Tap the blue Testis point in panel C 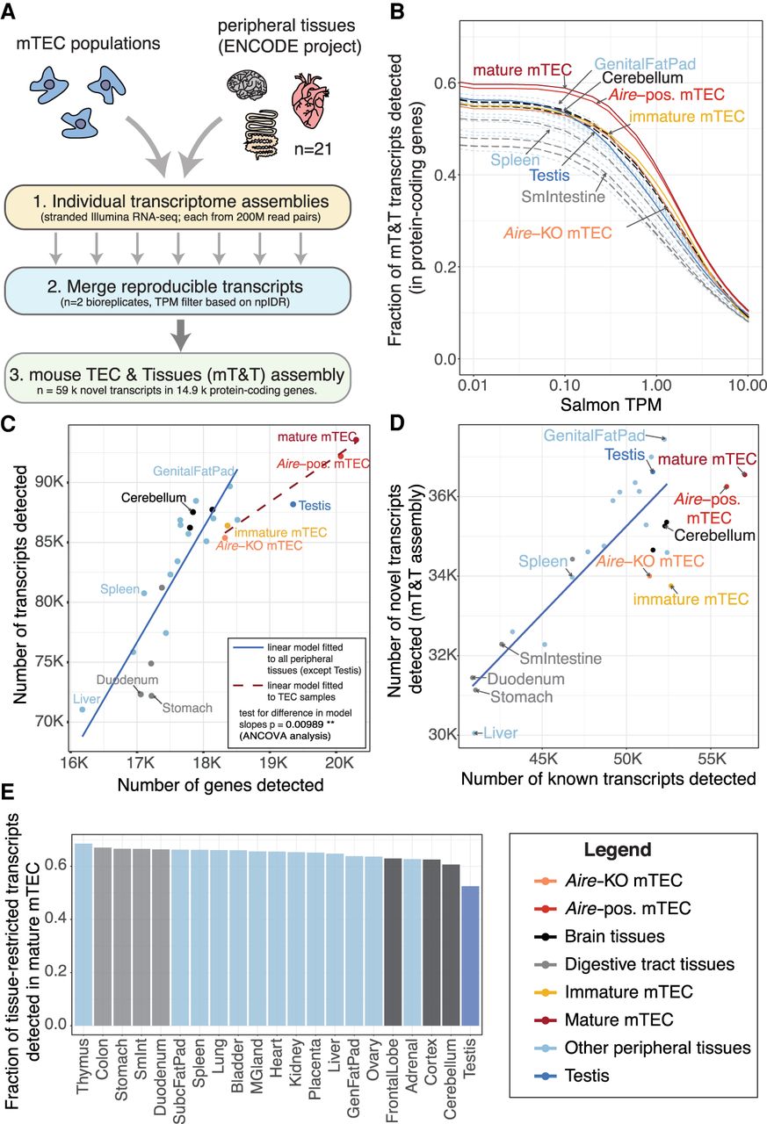293,504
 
